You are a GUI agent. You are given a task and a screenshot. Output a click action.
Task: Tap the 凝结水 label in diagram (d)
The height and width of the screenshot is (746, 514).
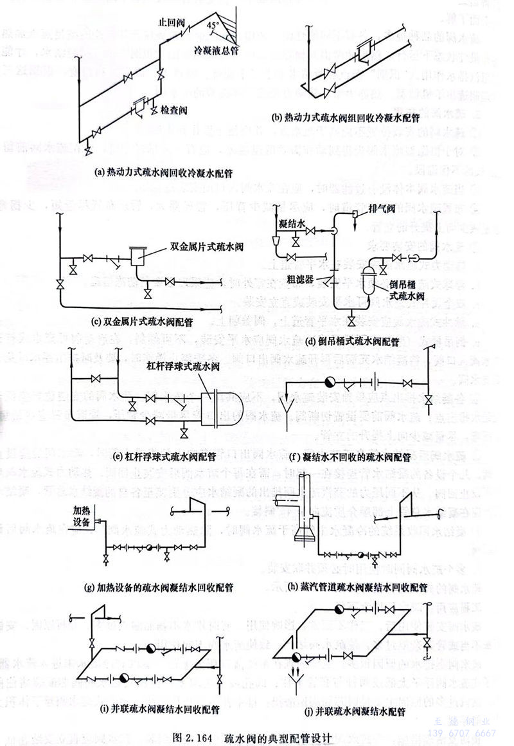292,221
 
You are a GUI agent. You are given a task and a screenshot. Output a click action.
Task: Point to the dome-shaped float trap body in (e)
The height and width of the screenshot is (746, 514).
220,407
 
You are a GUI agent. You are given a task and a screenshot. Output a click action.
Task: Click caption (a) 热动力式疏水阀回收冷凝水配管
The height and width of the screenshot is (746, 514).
152,172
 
